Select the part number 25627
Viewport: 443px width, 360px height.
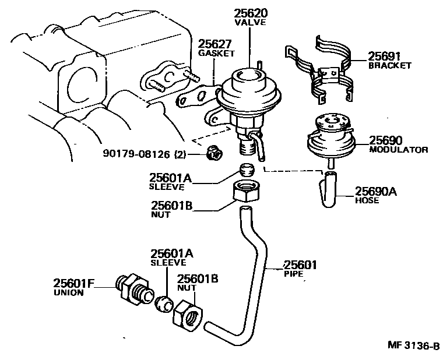tap(215, 44)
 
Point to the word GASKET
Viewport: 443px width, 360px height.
tap(216, 53)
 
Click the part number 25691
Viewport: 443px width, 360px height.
tap(385, 57)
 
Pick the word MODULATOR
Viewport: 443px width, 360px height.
tap(399, 150)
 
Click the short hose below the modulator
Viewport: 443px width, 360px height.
tap(329, 188)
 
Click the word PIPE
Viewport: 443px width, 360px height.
tap(294, 273)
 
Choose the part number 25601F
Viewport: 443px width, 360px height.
tap(74, 284)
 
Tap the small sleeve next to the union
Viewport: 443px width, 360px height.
tap(164, 302)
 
